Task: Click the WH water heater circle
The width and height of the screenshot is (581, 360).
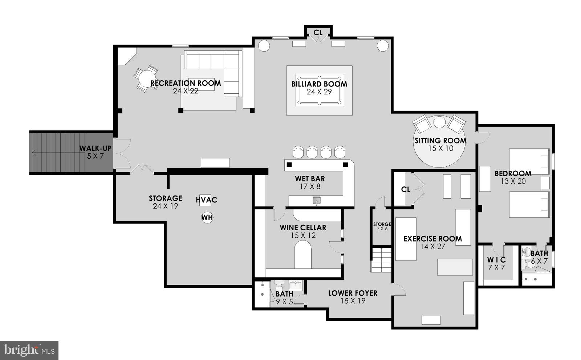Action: (207, 218)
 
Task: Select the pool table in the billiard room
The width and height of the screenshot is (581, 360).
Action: (319, 90)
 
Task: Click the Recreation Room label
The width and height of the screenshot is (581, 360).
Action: (186, 83)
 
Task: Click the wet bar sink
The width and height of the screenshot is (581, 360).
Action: (317, 200)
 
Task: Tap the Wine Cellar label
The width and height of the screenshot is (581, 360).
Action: (303, 228)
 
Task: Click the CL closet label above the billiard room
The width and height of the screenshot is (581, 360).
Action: (318, 33)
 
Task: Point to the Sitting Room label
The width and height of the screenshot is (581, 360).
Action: (440, 141)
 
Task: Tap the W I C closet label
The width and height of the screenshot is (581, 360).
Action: (496, 260)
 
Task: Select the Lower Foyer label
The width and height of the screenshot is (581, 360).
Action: (353, 293)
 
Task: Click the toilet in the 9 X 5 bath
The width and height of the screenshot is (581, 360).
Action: (279, 284)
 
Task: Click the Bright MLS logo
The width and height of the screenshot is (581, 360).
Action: (29, 350)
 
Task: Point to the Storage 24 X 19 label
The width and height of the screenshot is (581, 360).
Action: (165, 198)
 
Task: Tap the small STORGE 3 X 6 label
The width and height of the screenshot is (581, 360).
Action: (382, 225)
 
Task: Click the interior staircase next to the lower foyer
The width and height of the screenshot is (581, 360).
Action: (381, 260)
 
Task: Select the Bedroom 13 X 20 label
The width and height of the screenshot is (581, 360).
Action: (513, 174)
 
